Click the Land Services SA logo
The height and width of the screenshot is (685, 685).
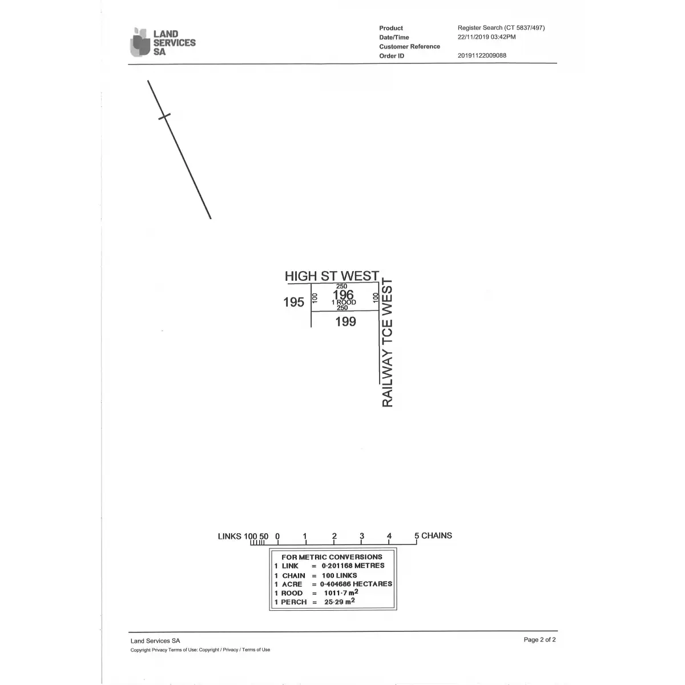[163, 42]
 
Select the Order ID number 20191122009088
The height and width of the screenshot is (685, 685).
[482, 55]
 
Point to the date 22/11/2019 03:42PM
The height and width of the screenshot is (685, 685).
[486, 37]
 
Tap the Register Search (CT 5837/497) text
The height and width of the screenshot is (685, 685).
[501, 28]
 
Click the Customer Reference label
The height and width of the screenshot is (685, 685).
[409, 47]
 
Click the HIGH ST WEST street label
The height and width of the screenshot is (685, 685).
[332, 276]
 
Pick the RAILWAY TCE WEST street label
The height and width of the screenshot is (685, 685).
[387, 342]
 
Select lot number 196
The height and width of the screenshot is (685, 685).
[343, 295]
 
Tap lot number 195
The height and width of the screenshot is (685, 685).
[293, 302]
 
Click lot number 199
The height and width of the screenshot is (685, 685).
[345, 322]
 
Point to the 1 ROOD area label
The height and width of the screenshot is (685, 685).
[344, 302]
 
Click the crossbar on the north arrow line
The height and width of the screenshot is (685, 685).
[164, 116]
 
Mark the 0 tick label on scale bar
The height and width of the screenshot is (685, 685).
[277, 536]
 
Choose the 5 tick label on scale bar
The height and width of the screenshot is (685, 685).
[417, 535]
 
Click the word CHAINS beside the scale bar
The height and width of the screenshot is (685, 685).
[437, 535]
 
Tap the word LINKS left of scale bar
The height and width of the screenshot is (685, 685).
[229, 536]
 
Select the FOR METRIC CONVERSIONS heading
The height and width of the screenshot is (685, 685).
[332, 557]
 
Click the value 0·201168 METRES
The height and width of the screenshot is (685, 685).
[353, 566]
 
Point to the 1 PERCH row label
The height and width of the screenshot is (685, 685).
[291, 602]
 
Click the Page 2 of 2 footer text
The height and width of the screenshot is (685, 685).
[539, 639]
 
